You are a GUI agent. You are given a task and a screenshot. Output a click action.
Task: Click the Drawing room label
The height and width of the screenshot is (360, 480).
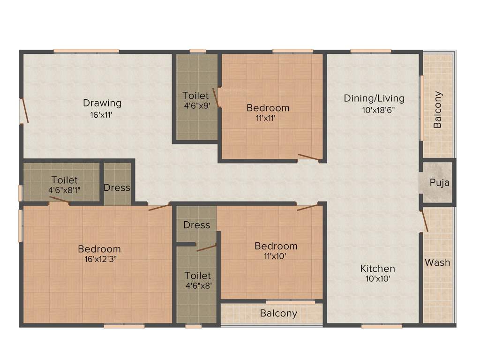pyautogui.click(x=102, y=103)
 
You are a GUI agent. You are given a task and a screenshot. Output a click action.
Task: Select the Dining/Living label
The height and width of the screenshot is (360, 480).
pyautogui.click(x=374, y=98)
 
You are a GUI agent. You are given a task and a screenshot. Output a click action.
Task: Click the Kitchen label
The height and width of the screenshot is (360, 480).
pyautogui.click(x=377, y=269)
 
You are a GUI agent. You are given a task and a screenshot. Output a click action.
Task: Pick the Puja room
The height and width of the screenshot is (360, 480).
pyautogui.click(x=439, y=182)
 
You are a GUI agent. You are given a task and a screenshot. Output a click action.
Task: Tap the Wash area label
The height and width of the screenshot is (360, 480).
pyautogui.click(x=437, y=262)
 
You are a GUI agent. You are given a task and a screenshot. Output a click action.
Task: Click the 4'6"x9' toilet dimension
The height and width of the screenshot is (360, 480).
pyautogui.click(x=196, y=106)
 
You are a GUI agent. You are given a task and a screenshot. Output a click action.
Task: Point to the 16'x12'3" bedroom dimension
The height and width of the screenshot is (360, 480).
pyautogui.click(x=99, y=259)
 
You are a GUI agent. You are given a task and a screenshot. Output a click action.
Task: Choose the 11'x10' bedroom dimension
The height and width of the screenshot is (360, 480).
pyautogui.click(x=276, y=256)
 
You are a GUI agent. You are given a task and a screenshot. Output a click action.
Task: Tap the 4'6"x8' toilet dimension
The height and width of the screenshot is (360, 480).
pyautogui.click(x=197, y=285)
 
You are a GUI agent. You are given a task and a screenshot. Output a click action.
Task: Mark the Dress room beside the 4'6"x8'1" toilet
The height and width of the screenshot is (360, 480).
pyautogui.click(x=117, y=187)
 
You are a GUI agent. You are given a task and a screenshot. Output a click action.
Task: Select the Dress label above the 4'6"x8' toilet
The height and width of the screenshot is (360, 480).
pyautogui.click(x=197, y=225)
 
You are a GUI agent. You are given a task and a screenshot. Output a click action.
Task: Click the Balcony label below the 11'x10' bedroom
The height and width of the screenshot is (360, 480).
pyautogui.click(x=278, y=313)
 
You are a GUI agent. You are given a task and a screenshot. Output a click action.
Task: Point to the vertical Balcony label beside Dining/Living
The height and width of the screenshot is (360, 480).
pyautogui.click(x=437, y=110)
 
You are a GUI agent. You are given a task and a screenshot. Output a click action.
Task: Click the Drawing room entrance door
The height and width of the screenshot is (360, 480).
pyautogui.click(x=24, y=111)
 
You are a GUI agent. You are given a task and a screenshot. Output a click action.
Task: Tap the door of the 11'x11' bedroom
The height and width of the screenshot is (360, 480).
pyautogui.click(x=309, y=157)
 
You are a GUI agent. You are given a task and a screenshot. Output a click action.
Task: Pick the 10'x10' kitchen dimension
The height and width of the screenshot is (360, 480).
pyautogui.click(x=377, y=279)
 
